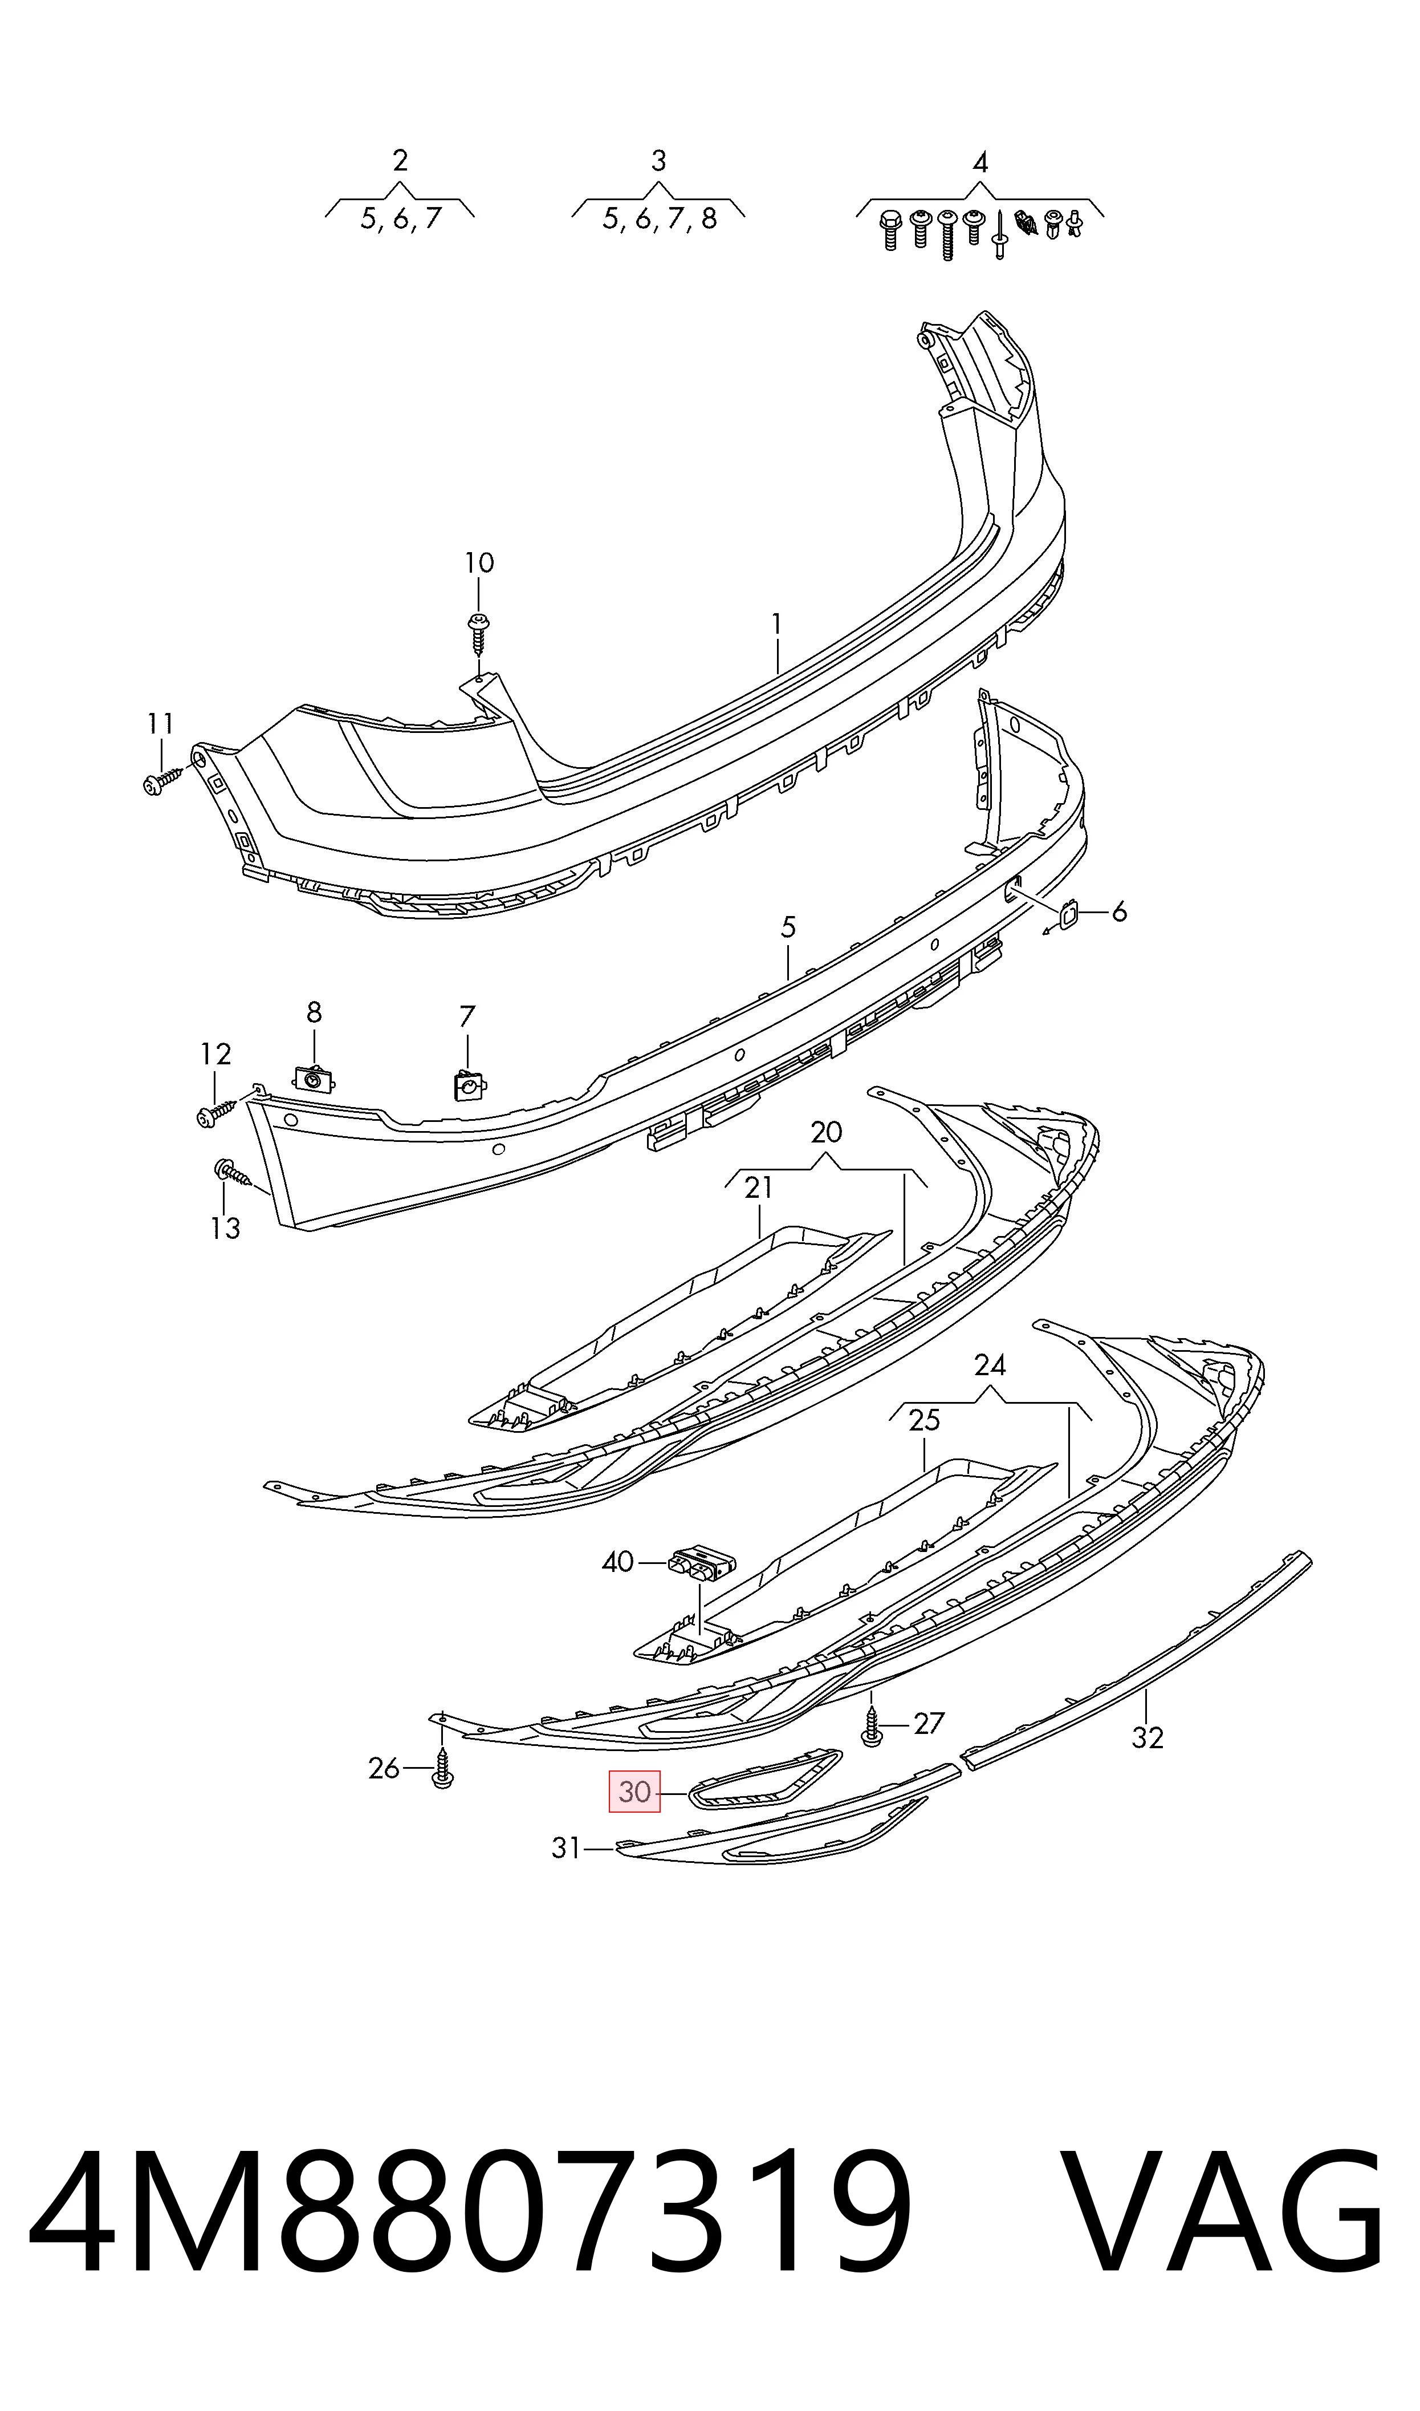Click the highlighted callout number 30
pos(634,1792)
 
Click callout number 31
pos(567,1848)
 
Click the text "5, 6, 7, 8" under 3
pos(660,219)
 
